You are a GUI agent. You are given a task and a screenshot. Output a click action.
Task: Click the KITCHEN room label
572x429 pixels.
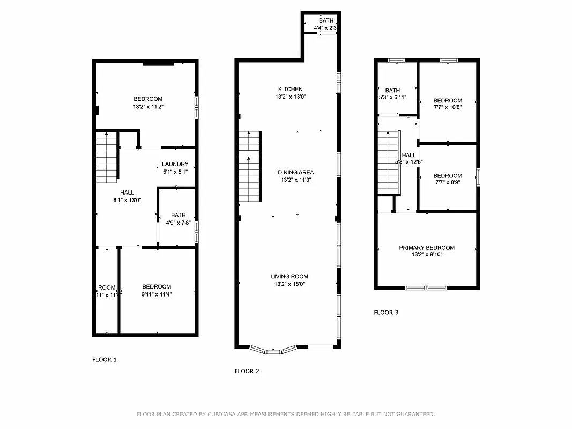coord(290,89)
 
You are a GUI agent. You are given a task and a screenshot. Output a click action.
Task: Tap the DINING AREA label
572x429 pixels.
coord(295,172)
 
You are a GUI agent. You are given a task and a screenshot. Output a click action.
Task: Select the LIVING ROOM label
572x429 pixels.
coord(289,277)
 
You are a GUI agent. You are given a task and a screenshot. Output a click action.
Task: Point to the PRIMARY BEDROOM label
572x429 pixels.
coord(427,248)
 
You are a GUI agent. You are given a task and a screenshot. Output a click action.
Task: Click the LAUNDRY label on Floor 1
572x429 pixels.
coord(175,165)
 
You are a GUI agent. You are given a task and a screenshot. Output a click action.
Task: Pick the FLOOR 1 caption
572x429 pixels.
coord(105,360)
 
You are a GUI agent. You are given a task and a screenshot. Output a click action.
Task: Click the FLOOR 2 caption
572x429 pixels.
coord(247,371)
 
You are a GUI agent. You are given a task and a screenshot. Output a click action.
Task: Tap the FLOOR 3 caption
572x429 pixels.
coord(386,313)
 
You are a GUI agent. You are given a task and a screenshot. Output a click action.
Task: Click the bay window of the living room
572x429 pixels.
coord(274,350)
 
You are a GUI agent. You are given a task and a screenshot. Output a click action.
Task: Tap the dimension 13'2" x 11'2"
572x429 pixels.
coord(148,107)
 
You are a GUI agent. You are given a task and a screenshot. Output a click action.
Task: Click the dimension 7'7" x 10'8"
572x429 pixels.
coord(448,107)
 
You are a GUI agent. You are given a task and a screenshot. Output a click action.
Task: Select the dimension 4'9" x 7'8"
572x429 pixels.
coord(179,223)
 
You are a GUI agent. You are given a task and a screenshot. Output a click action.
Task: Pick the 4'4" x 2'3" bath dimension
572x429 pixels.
coord(325,28)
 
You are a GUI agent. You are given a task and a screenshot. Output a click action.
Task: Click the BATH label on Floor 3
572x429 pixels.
coord(392,91)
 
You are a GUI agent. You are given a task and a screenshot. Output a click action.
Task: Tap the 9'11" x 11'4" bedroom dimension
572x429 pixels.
coord(157,294)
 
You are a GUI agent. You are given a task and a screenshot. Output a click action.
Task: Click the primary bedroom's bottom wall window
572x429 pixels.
coord(426,288)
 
